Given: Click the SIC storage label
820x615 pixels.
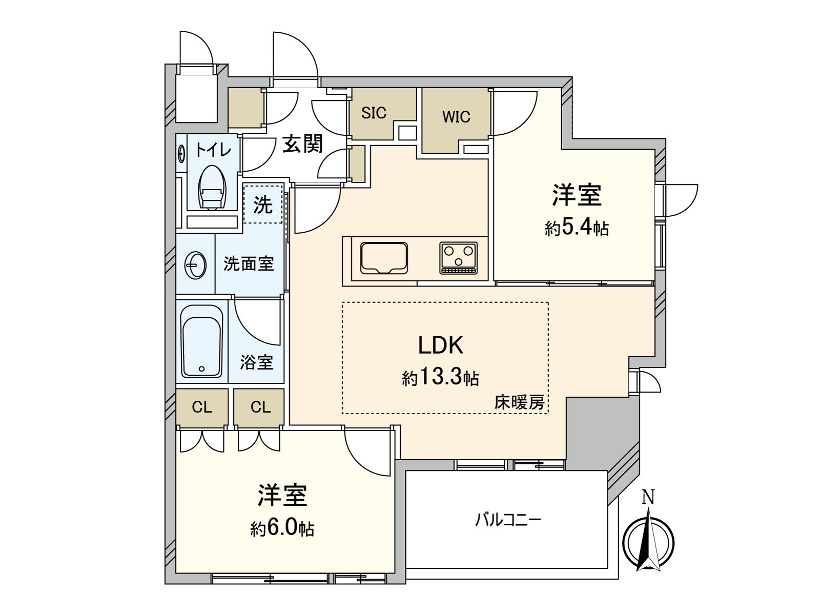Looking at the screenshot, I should (x=374, y=113).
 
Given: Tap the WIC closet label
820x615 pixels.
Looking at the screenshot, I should (x=456, y=117).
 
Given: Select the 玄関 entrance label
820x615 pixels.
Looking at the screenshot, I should (x=303, y=145).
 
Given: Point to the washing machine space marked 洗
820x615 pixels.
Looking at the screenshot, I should (x=263, y=205).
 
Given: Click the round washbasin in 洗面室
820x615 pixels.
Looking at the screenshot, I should (x=195, y=265).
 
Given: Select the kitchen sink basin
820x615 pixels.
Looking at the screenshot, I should (x=384, y=258).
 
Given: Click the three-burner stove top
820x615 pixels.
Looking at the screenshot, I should (x=458, y=257).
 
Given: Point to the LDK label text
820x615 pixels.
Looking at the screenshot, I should (x=441, y=346).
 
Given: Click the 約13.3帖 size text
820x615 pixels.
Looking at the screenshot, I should (x=441, y=378).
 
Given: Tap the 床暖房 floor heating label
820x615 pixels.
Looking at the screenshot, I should (x=519, y=403).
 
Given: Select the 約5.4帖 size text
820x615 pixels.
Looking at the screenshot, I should (x=577, y=228).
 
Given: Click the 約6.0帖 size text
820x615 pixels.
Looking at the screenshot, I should (x=282, y=528).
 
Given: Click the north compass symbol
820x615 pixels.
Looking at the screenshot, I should (x=648, y=543).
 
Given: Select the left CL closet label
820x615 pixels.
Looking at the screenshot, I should (x=202, y=407).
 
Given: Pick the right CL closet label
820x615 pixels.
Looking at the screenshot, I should (x=260, y=407).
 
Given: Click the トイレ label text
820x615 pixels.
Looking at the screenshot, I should (x=213, y=150).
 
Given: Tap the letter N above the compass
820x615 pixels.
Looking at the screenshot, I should (x=648, y=497).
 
